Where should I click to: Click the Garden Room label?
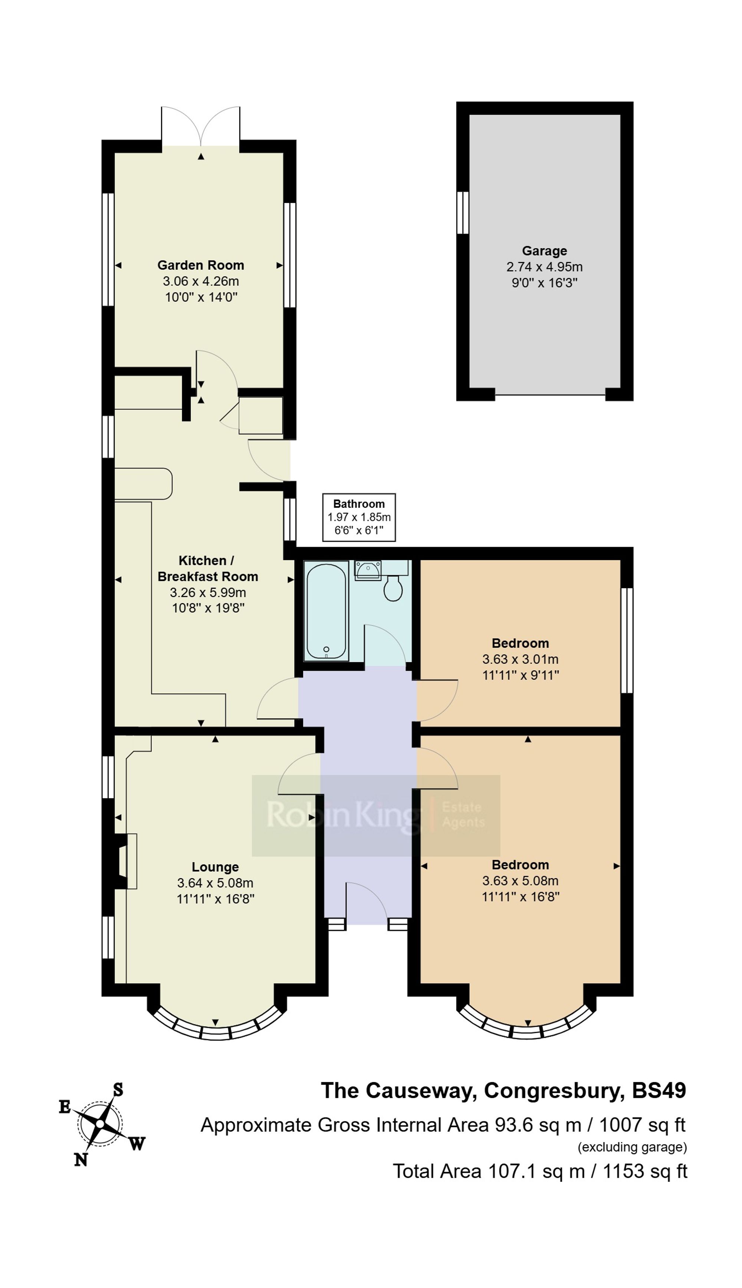200,265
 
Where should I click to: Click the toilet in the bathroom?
393,589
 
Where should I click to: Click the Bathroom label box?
359,517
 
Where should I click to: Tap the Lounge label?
215,867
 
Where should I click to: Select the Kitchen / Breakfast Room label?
207,568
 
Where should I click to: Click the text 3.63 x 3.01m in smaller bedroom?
520,659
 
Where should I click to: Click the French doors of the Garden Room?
201,127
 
